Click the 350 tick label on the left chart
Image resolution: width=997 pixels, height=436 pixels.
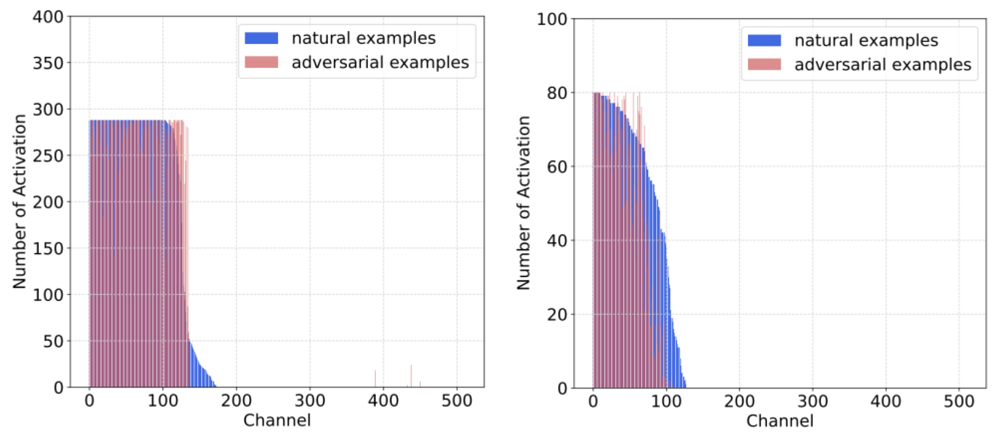click(x=48, y=63)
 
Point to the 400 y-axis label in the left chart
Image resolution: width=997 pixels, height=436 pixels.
click(x=48, y=17)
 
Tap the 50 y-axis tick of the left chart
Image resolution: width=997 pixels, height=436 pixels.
click(x=53, y=341)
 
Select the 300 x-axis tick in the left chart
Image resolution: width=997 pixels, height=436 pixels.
click(x=310, y=401)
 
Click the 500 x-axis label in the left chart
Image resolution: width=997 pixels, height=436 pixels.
click(x=457, y=401)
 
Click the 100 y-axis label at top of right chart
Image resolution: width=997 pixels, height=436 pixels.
click(x=551, y=19)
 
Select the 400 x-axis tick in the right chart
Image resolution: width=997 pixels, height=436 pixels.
click(x=885, y=401)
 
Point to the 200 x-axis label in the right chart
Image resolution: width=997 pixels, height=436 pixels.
click(x=739, y=401)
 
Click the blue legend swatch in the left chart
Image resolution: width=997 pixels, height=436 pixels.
click(x=261, y=38)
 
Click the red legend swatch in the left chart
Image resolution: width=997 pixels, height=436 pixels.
click(x=261, y=62)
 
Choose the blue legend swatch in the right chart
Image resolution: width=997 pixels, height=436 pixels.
click(x=764, y=41)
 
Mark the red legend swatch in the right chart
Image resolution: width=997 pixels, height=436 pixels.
click(x=764, y=65)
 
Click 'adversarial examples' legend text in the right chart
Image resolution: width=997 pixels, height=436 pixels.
click(x=883, y=65)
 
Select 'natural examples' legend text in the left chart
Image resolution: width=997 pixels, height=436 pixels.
click(x=363, y=38)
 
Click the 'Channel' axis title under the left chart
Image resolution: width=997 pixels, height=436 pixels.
click(x=277, y=420)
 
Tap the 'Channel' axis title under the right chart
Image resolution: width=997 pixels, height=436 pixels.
click(x=779, y=421)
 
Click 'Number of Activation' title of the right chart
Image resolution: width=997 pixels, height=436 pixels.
click(x=523, y=203)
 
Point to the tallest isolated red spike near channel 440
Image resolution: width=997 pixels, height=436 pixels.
click(x=411, y=375)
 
